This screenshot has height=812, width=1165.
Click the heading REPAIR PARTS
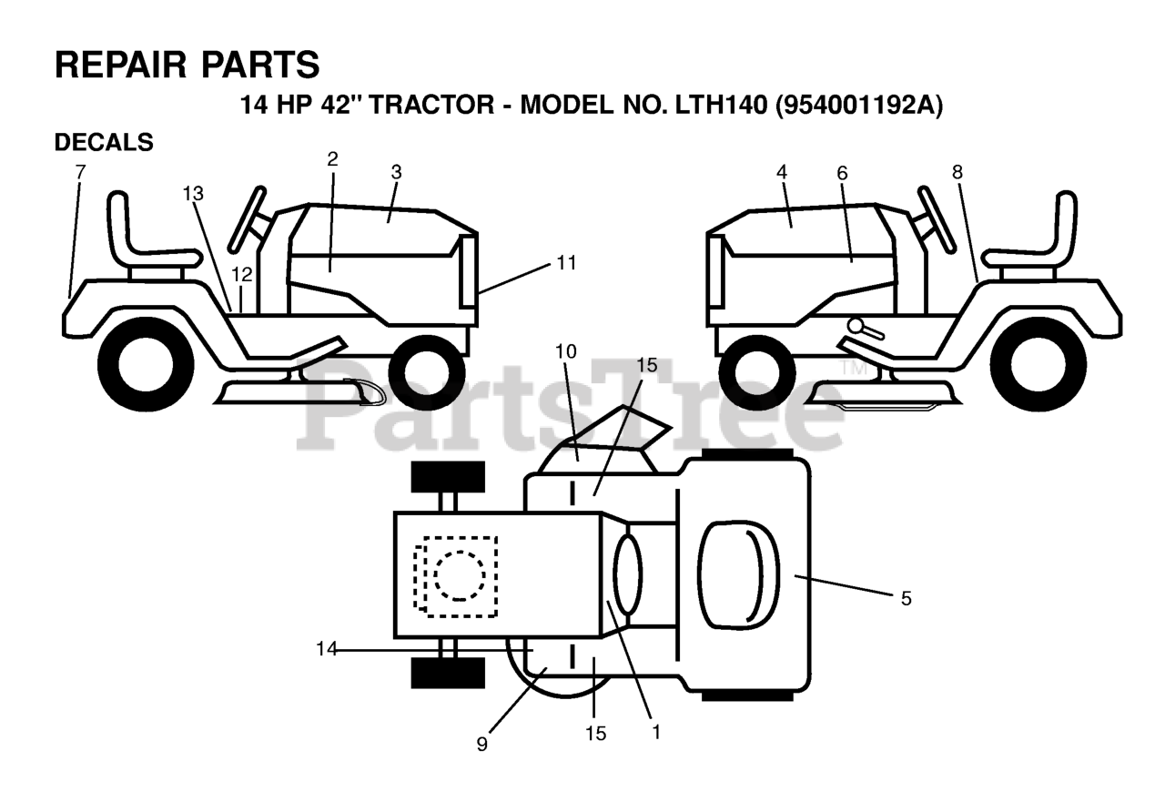point(187,65)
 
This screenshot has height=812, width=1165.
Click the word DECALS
point(104,143)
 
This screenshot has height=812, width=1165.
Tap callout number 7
point(80,171)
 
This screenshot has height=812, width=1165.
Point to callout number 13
point(193,193)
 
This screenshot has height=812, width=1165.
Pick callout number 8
point(957,171)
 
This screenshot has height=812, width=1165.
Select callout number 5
point(905,598)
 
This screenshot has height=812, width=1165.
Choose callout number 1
point(653,730)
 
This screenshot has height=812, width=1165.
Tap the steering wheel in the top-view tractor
point(627,573)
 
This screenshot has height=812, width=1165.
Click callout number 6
point(842,171)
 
